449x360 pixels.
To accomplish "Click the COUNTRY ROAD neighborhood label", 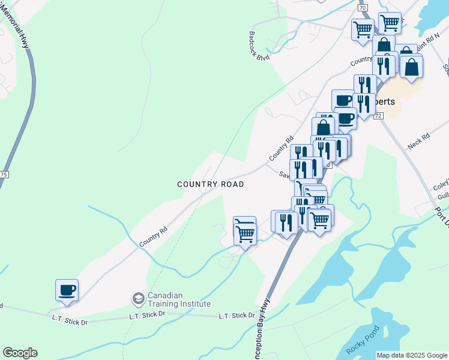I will [x=211, y=184].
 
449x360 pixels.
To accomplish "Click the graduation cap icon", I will [x=138, y=298].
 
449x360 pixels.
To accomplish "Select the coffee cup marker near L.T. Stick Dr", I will [x=67, y=290].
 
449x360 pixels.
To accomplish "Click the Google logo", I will [x=20, y=353].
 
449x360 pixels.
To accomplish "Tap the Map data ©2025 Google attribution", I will [x=412, y=355].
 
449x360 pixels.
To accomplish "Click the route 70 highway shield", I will [x=362, y=7].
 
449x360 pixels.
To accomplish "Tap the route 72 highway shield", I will [x=378, y=115].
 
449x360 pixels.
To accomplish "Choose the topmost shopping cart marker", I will [x=390, y=23].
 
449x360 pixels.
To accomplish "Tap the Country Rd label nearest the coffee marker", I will [x=152, y=236].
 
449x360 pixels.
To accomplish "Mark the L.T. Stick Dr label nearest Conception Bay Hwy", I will [x=237, y=316].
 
